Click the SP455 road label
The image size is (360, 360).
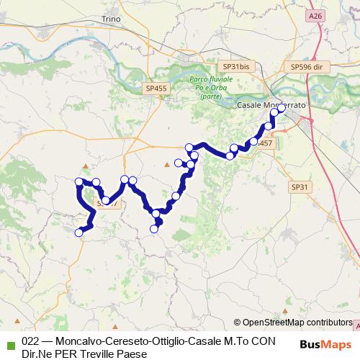(x=156, y=88)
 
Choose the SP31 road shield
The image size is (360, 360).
(x=299, y=186)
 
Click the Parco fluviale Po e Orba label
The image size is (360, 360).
(x=207, y=87)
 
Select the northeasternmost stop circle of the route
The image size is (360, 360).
(x=281, y=110)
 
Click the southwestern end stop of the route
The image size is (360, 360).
(x=79, y=232)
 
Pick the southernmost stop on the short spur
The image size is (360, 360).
(x=153, y=229)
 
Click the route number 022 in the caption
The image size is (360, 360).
(x=30, y=342)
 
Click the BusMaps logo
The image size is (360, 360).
(x=325, y=345)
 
